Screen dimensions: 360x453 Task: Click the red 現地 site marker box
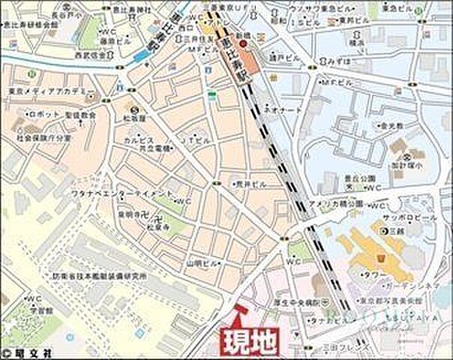248,340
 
